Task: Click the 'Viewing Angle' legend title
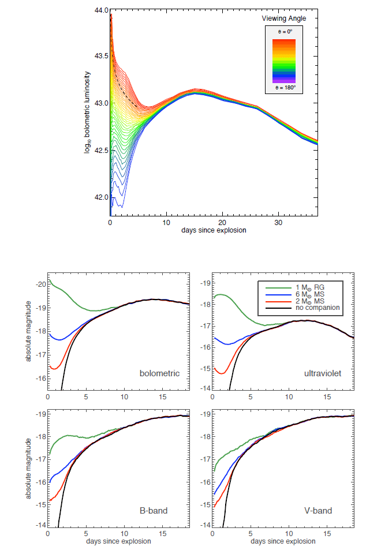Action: click(x=284, y=18)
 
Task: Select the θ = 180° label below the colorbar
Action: click(x=284, y=88)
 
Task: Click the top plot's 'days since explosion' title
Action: click(x=214, y=230)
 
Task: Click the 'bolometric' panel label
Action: click(x=160, y=373)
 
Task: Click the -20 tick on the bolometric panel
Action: click(x=40, y=284)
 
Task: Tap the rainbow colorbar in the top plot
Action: click(x=285, y=61)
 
